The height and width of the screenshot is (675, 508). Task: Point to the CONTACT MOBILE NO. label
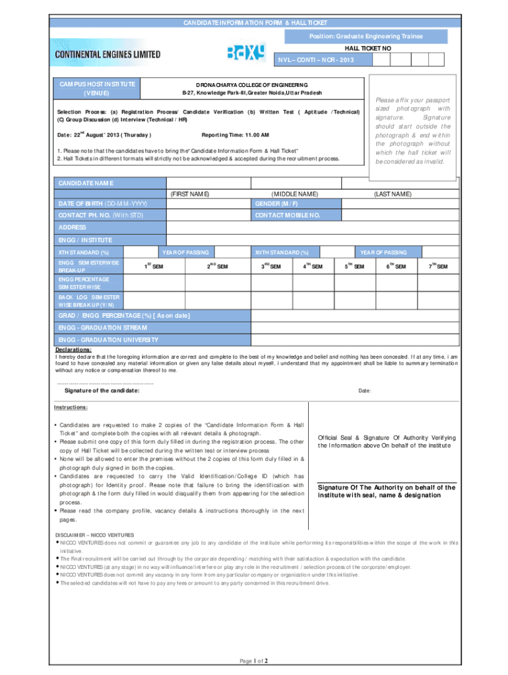[288, 216]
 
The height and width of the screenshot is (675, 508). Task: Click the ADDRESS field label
[73, 227]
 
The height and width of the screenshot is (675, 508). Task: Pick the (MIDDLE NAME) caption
[295, 194]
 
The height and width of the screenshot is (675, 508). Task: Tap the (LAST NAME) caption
[393, 194]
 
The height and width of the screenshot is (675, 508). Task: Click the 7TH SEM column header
[437, 266]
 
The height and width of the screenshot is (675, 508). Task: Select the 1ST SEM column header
[154, 266]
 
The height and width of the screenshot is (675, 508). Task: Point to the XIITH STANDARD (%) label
[282, 252]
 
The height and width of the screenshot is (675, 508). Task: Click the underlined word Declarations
[73, 349]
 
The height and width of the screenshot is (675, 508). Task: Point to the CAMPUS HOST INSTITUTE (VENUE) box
[98, 89]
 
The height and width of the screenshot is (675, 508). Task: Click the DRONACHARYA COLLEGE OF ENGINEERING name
[251, 85]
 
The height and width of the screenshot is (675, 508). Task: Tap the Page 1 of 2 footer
[254, 660]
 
